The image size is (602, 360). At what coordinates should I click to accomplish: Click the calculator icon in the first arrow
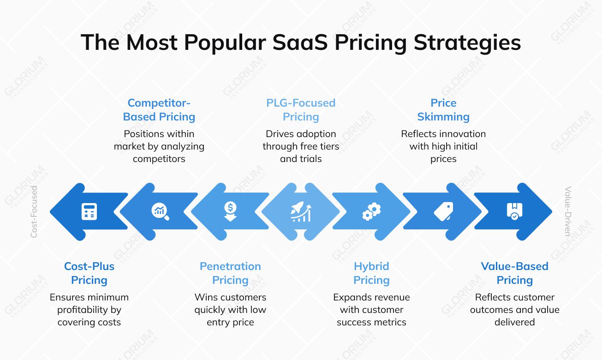point(89,211)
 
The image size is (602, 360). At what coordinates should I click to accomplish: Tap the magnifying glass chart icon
point(160,211)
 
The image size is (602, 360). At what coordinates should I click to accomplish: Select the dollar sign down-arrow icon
point(230,211)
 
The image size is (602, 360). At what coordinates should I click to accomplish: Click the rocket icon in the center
point(301,212)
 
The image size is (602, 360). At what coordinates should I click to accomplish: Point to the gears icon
point(371,211)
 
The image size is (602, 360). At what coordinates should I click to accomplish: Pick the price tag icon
point(443,211)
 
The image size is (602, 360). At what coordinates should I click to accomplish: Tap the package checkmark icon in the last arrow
point(514,211)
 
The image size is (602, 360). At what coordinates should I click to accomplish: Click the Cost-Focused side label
point(34,212)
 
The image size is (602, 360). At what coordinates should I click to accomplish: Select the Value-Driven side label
point(568,212)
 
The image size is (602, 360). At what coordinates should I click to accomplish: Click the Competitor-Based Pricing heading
point(159,110)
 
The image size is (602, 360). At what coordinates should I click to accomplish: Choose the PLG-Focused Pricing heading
point(301,110)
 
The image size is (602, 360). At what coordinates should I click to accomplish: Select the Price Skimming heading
point(443,110)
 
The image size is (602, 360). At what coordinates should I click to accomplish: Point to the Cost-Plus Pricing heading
point(89,273)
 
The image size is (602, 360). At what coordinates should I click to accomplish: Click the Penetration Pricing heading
point(230,273)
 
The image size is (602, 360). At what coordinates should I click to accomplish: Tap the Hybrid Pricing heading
point(371,273)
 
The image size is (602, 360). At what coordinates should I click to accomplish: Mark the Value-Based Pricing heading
point(514,273)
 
